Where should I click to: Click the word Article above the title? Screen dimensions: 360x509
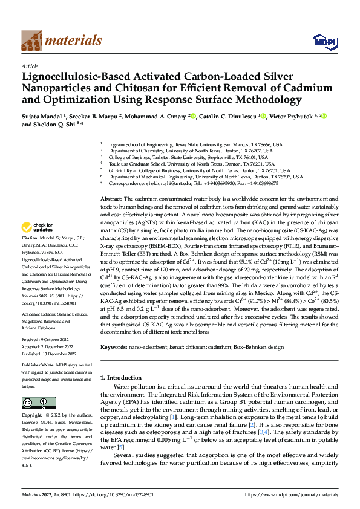coord(30,66)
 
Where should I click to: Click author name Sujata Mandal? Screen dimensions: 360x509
coord(43,116)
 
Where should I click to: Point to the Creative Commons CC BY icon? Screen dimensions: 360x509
coord(38,403)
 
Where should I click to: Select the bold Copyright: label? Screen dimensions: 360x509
coord(33,415)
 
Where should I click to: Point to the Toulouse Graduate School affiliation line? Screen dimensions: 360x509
coord(194,164)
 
